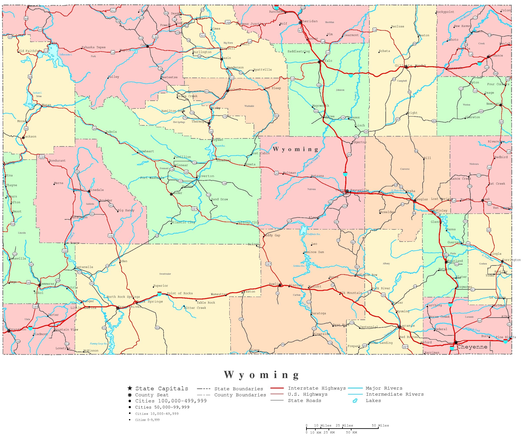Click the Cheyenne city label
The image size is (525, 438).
pos(472,347)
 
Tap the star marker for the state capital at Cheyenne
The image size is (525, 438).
pos(456,342)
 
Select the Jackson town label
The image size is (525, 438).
pos(30,137)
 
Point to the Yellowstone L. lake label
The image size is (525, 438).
pos(66,55)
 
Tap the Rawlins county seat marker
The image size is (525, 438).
pos(280,285)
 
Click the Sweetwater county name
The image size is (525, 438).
pos(165,274)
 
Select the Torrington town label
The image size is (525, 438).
pos(512,260)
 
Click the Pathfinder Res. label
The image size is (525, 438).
pos(314,234)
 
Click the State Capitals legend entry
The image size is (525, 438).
pos(162,388)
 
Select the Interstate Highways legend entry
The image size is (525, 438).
pos(317,388)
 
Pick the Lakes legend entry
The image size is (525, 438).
pos(373,400)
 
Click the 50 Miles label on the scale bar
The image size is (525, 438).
pos(380,425)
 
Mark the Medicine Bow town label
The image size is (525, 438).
pos(366,275)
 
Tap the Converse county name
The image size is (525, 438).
pos(405,169)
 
